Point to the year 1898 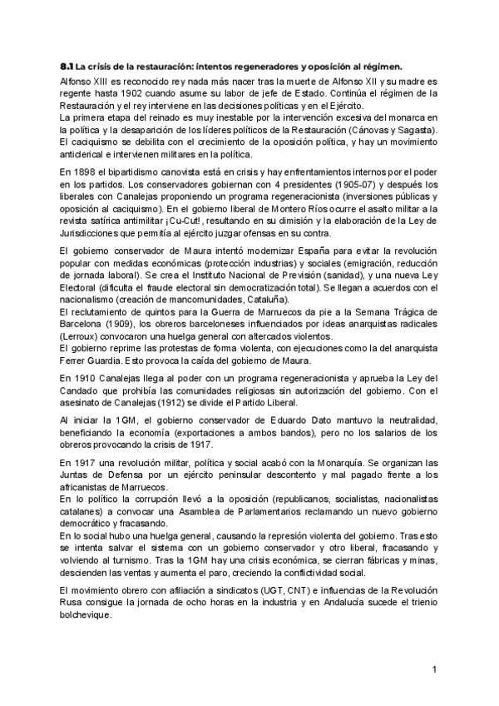(90, 172)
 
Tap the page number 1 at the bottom (434, 669)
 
